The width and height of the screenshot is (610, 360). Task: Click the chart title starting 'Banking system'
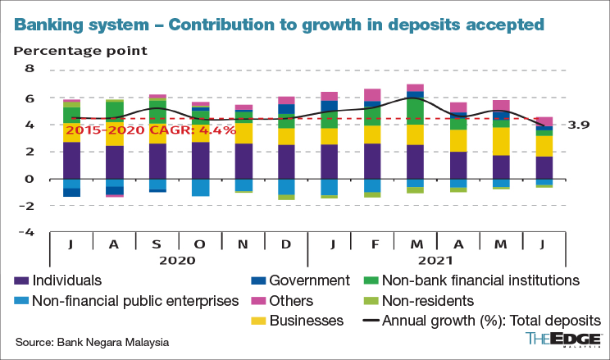point(279,24)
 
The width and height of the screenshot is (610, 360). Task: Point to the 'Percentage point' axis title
point(80,51)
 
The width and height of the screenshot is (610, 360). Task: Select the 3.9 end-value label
point(579,125)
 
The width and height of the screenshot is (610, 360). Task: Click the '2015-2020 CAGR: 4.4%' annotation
point(151,130)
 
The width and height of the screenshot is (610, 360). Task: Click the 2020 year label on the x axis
point(177,260)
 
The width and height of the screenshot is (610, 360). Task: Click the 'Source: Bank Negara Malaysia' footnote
point(93,342)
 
